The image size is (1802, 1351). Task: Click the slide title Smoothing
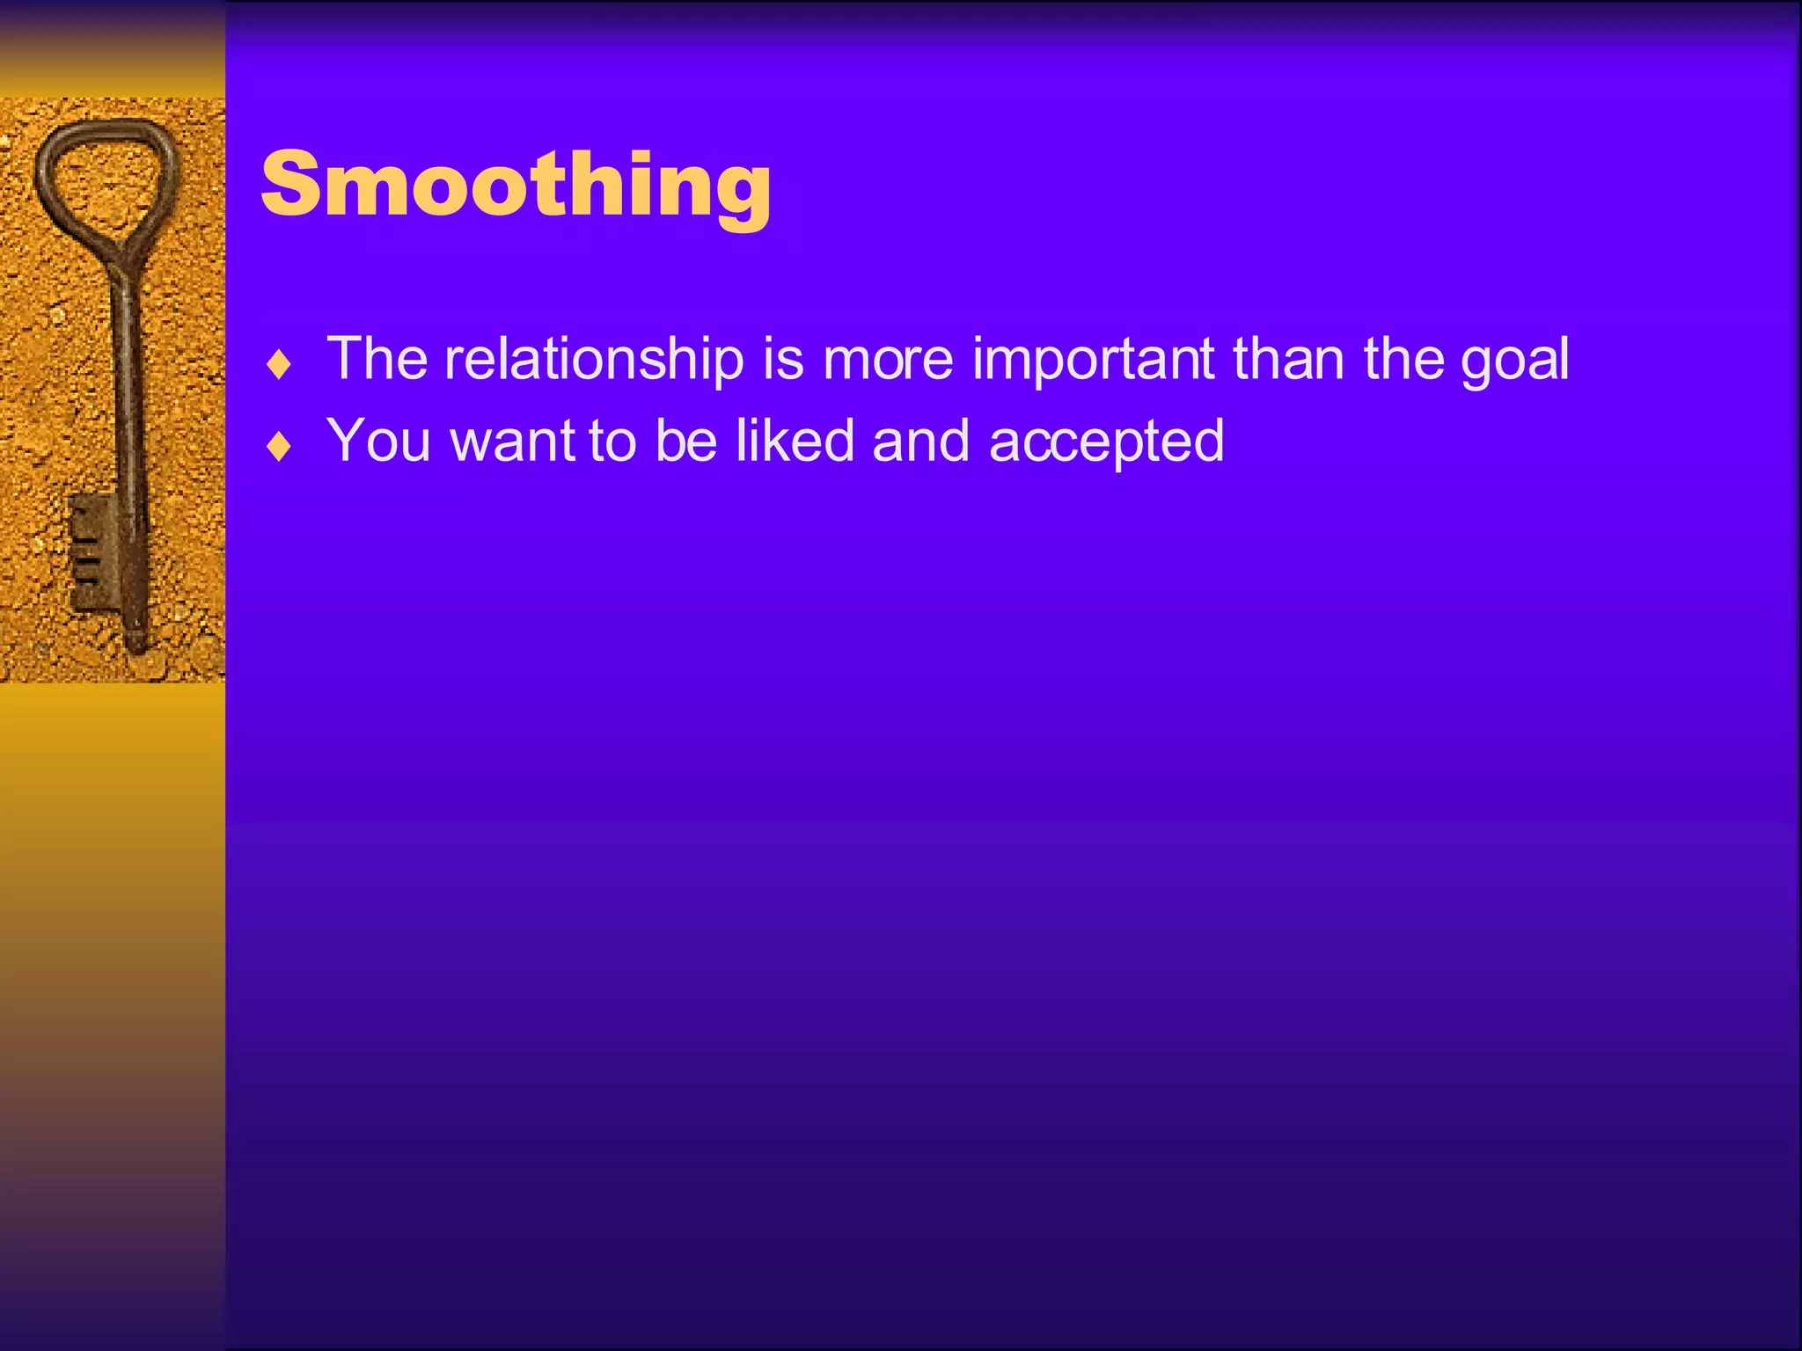click(516, 185)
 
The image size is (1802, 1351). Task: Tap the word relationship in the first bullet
click(594, 360)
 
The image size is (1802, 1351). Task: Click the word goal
click(1515, 360)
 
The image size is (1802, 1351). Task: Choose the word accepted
click(1106, 442)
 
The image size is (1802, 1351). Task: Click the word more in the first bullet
click(888, 361)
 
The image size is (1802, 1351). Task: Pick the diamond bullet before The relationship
click(279, 364)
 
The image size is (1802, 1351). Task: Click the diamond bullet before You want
click(279, 446)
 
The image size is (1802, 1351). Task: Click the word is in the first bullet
click(783, 360)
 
